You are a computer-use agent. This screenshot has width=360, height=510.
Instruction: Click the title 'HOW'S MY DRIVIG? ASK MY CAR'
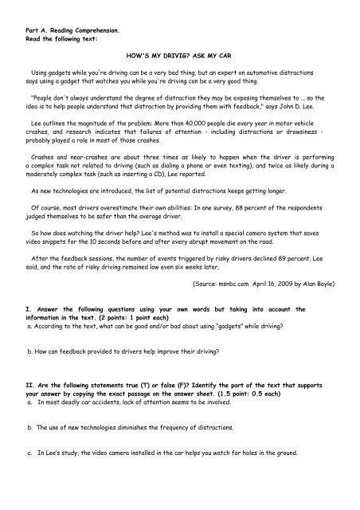[x=179, y=59]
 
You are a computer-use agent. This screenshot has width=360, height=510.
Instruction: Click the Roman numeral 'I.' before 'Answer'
[x=28, y=328]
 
